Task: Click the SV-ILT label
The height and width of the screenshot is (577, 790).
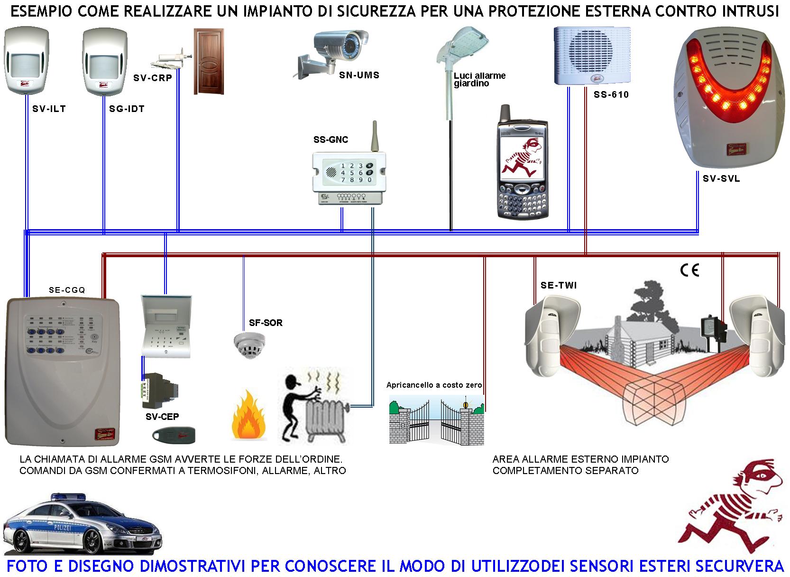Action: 48,109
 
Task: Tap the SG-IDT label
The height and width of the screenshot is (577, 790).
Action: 127,109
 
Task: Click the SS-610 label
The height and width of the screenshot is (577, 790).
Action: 611,95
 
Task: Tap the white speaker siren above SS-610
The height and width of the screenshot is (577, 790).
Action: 593,56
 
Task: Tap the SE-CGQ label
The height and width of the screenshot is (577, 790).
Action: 67,290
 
